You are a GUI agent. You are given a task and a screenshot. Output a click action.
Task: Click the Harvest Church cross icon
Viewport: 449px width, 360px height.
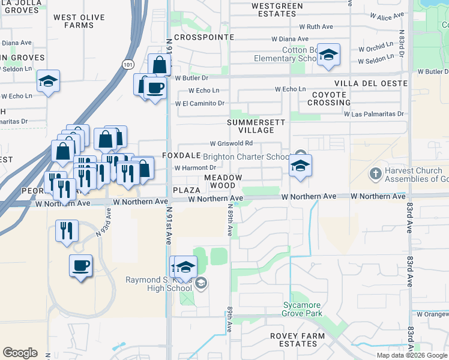[x=375, y=174]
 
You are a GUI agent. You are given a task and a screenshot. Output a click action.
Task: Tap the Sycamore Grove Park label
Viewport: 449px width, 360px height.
[x=303, y=309]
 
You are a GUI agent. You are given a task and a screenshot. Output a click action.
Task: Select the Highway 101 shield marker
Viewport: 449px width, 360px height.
[x=128, y=64]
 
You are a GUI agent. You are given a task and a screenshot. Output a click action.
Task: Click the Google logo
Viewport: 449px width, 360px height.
[x=20, y=353]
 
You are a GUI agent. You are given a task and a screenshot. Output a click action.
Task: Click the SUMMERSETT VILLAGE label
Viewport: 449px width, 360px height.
[x=251, y=126]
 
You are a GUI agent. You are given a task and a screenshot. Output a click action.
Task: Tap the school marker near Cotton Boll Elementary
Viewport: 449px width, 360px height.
[x=328, y=56]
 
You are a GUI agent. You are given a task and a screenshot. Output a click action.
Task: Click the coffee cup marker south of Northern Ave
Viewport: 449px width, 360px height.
[x=80, y=265]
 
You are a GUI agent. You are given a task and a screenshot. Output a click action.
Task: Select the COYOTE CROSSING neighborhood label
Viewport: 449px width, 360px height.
[x=329, y=99]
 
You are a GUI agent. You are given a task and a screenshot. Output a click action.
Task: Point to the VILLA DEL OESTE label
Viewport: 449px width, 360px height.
[x=371, y=83]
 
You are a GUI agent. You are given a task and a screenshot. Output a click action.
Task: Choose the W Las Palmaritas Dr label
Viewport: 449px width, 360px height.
[x=375, y=113]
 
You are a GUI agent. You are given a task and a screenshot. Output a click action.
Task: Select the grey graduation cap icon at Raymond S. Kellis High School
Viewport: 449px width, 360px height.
[x=201, y=283]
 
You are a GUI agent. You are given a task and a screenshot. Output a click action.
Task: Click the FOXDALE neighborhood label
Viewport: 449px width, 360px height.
[x=181, y=155]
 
